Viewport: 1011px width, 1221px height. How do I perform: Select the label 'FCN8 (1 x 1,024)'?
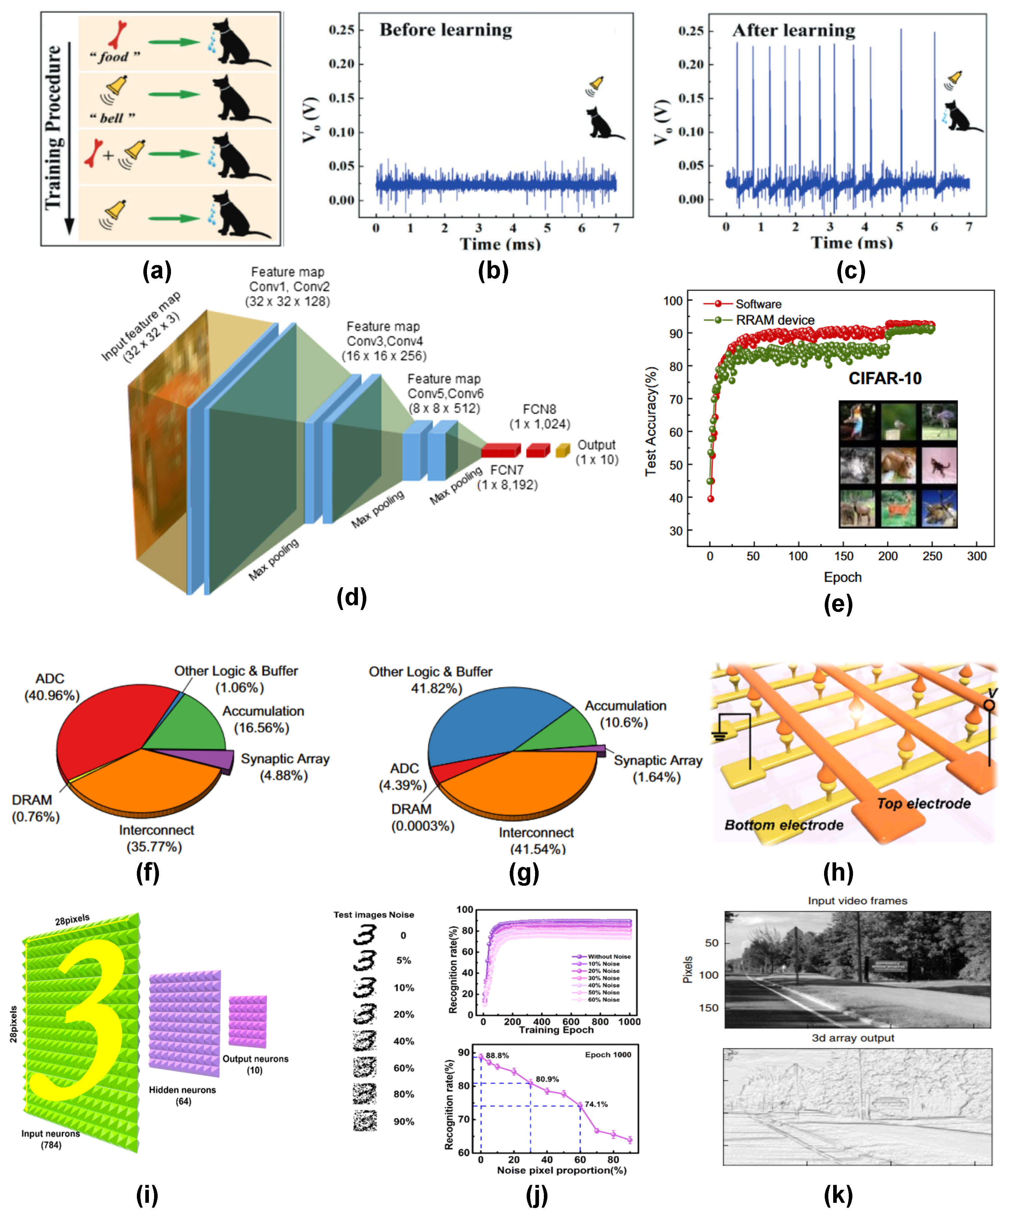click(x=540, y=416)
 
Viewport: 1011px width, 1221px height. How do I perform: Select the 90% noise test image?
click(x=365, y=1121)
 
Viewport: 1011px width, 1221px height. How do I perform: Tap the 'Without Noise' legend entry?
click(x=608, y=956)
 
